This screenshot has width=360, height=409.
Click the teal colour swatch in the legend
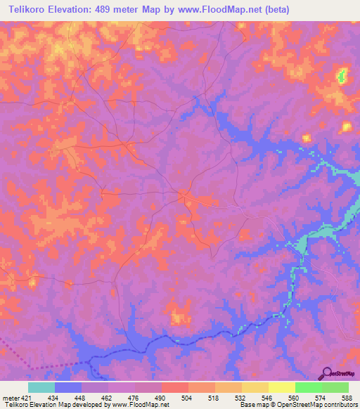41,387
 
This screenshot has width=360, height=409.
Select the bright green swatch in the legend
308,387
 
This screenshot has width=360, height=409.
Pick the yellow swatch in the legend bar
281,387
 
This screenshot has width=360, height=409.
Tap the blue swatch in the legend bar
68,387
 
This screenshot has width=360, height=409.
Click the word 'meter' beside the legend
9,397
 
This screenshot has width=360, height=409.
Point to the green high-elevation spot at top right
342,74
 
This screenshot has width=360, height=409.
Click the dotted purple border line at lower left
28,358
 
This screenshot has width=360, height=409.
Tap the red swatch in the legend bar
175,387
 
